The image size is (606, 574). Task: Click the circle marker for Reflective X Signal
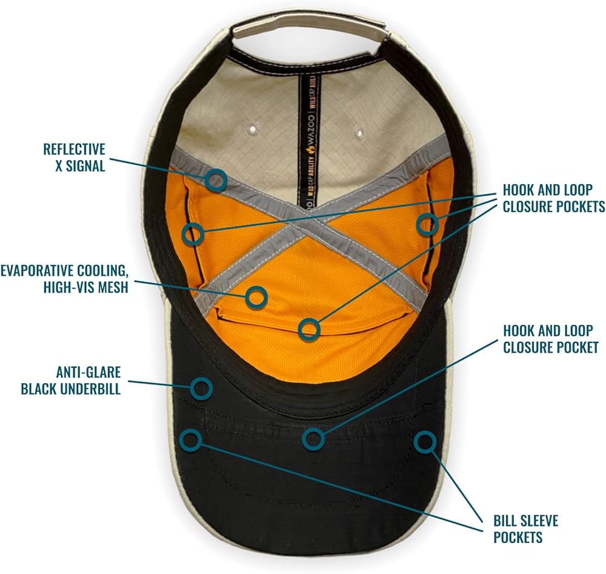(216, 179)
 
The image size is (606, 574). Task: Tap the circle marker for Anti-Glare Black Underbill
(201, 388)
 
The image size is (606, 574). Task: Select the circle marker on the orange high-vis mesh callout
(257, 296)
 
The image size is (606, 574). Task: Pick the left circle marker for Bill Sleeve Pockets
(191, 440)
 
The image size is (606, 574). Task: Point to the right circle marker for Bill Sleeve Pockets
(425, 441)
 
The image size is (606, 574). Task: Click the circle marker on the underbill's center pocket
(313, 438)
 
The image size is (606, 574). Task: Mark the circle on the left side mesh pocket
(193, 233)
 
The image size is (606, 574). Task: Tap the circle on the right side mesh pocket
(427, 225)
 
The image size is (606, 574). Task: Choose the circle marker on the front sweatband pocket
(310, 329)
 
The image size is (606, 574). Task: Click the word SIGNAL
(84, 165)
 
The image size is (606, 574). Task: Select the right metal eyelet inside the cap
(359, 131)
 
